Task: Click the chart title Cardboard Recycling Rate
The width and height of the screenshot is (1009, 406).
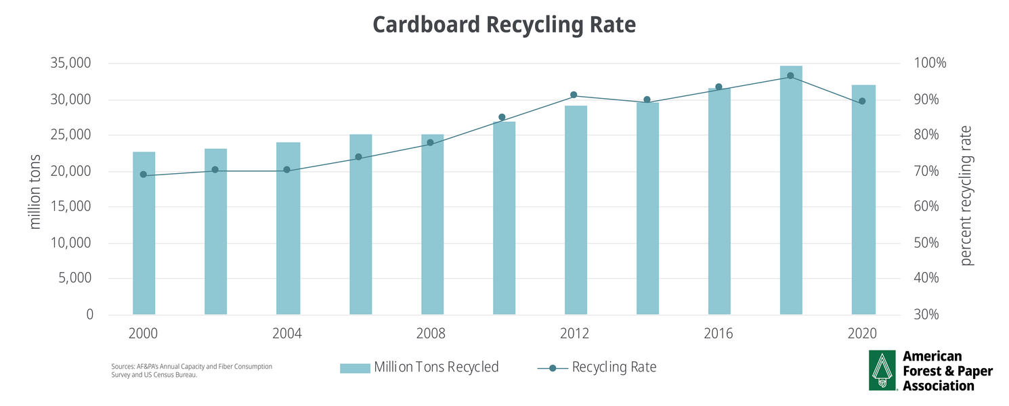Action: coord(504,24)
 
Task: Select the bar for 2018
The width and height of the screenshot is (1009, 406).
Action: coord(791,190)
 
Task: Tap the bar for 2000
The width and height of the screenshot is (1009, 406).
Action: coord(144,233)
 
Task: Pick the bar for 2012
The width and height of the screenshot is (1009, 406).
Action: coord(576,210)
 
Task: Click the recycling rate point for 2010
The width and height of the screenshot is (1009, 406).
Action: coord(502,117)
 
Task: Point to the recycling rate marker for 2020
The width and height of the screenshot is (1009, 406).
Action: coord(862,101)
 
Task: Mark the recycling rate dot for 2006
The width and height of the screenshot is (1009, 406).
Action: coord(358,157)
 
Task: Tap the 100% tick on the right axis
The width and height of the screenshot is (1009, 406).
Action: coord(922,64)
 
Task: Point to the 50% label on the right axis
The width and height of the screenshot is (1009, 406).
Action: coord(922,243)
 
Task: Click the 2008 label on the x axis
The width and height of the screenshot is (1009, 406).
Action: coord(431,334)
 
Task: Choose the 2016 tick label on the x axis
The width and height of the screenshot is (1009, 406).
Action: coord(718,334)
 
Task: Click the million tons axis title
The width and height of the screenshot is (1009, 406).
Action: coord(36,191)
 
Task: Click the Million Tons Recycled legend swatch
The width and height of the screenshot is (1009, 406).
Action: coord(355,367)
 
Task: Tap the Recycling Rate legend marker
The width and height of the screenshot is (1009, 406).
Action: coord(553,368)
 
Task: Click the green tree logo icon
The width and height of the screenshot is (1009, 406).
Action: coord(882,371)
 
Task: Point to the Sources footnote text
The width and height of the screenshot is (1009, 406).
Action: coord(192,371)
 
